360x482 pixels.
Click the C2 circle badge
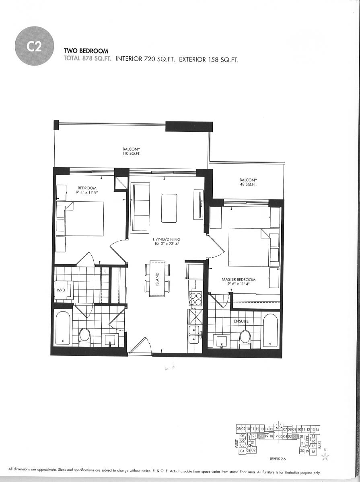[x=34, y=46]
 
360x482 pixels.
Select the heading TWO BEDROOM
[x=86, y=51]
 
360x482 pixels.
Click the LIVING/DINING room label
[x=167, y=240]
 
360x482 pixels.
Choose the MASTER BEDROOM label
[x=239, y=279]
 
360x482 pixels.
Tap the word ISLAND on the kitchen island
[x=157, y=279]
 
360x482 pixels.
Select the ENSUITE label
[x=241, y=321]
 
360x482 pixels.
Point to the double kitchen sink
[x=195, y=334]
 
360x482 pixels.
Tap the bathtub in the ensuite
[x=270, y=330]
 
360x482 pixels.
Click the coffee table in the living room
[x=169, y=208]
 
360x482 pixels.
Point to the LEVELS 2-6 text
[x=278, y=459]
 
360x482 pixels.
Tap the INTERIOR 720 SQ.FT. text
[x=145, y=59]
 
